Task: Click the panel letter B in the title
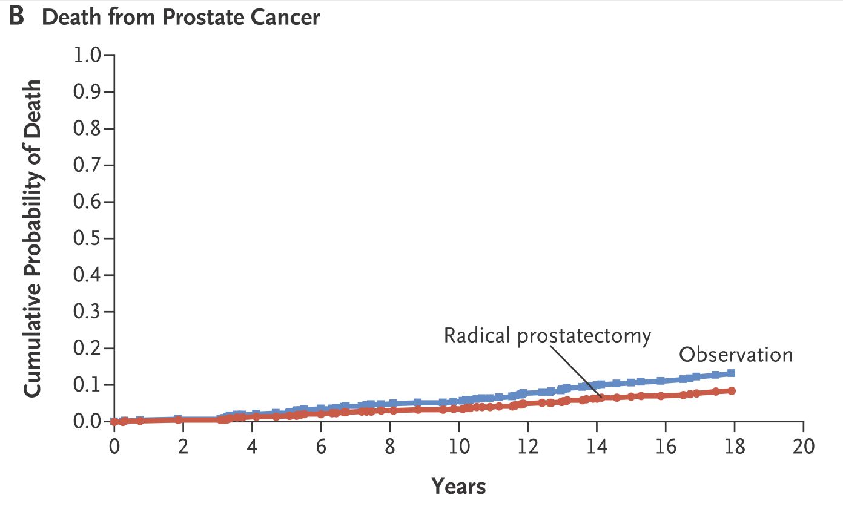pyautogui.click(x=17, y=16)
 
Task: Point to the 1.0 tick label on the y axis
pyautogui.click(x=87, y=55)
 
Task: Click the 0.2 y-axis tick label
pyautogui.click(x=87, y=348)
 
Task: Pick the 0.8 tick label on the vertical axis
pyautogui.click(x=87, y=128)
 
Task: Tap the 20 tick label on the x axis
pyautogui.click(x=804, y=447)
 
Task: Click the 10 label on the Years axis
pyautogui.click(x=459, y=447)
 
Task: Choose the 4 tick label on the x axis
pyautogui.click(x=252, y=447)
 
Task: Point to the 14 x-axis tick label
pyautogui.click(x=597, y=447)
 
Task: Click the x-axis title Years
pyautogui.click(x=459, y=486)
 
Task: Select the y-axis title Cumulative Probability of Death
pyautogui.click(x=32, y=238)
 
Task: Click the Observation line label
pyautogui.click(x=736, y=355)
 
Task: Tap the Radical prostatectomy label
pyautogui.click(x=547, y=335)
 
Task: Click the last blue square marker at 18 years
pyautogui.click(x=731, y=373)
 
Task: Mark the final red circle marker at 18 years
pyautogui.click(x=732, y=391)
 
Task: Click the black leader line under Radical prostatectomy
pyautogui.click(x=576, y=372)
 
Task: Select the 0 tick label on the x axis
pyautogui.click(x=114, y=447)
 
